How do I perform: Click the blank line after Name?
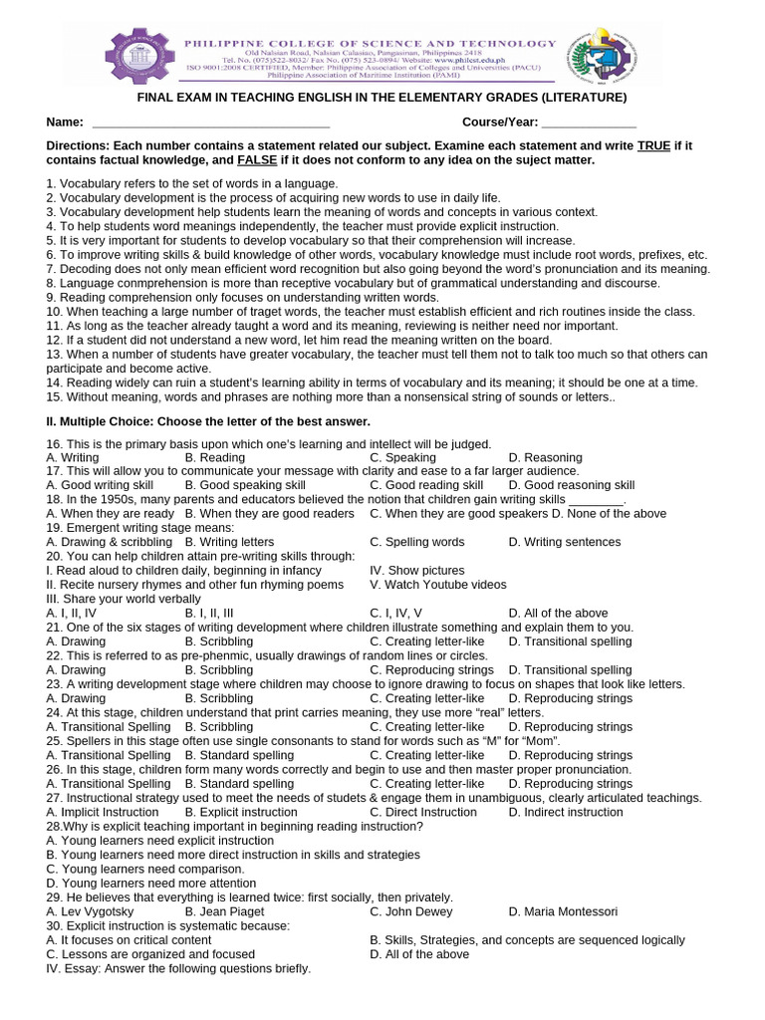click(x=210, y=123)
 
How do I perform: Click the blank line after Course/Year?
click(x=588, y=123)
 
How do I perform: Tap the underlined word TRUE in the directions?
click(x=653, y=145)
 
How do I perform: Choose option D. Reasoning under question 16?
click(x=545, y=458)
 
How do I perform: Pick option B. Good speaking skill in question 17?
click(x=240, y=485)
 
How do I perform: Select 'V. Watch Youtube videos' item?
click(x=438, y=585)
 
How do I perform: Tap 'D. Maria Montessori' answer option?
click(x=563, y=911)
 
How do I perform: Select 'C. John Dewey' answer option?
click(x=410, y=911)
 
